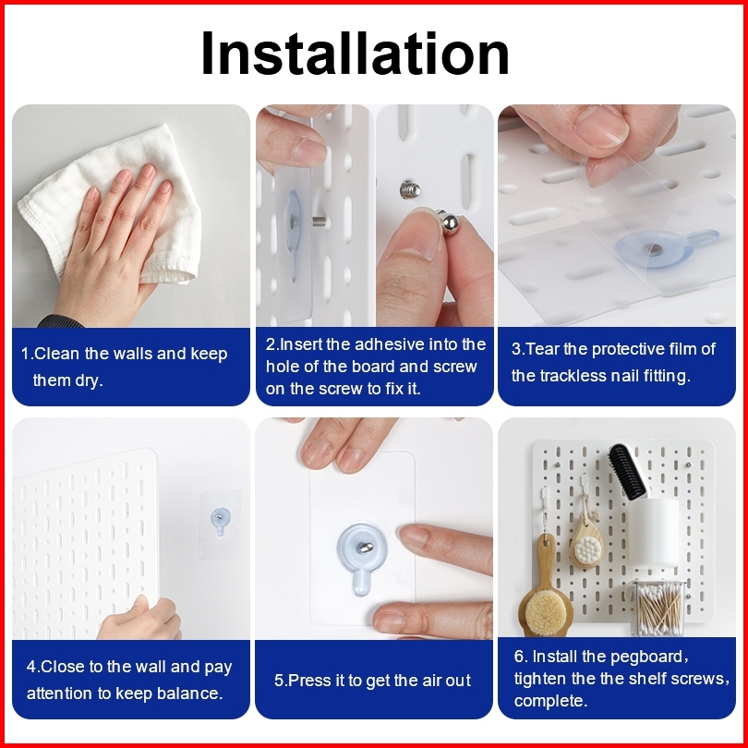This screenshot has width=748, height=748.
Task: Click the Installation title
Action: tap(355, 53)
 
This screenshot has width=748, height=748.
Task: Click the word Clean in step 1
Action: tap(56, 354)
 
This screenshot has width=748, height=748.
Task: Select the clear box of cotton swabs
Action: tap(659, 608)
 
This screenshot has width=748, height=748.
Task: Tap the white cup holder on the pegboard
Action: tap(654, 533)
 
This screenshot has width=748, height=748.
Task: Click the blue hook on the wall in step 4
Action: tap(220, 520)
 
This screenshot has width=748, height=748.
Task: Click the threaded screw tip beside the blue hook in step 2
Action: tap(320, 222)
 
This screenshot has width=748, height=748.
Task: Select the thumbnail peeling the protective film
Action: tap(602, 126)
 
